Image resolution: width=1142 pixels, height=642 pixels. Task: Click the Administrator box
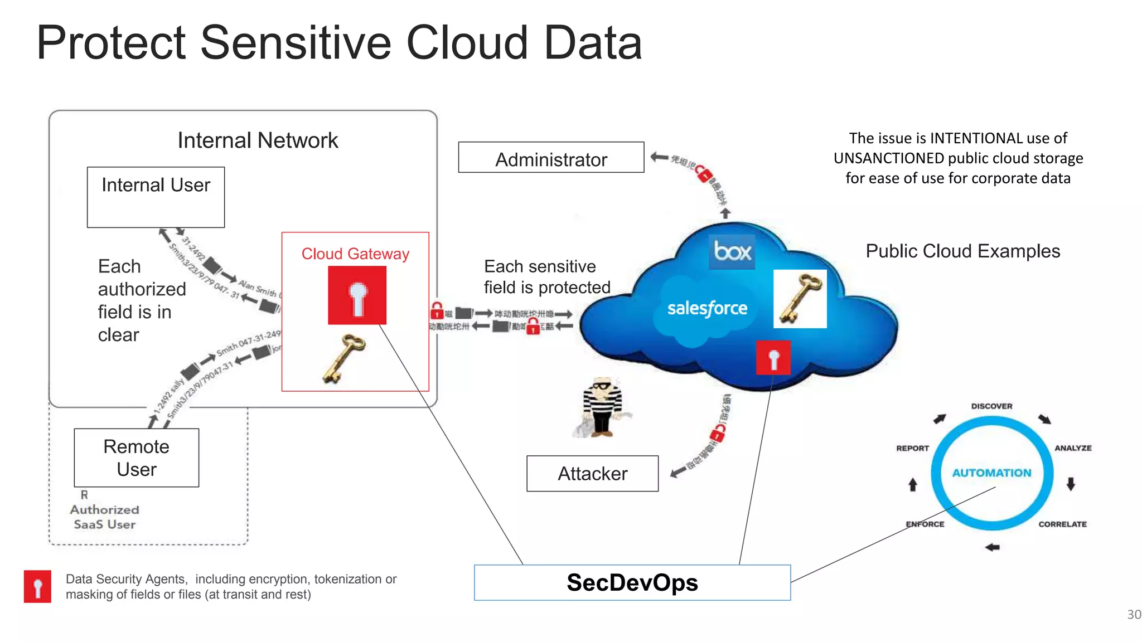[551, 158]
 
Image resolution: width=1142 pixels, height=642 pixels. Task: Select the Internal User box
[156, 197]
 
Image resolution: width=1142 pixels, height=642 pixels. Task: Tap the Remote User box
[137, 458]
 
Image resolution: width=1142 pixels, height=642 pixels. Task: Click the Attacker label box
[592, 473]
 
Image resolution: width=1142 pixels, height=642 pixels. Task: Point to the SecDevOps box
[632, 582]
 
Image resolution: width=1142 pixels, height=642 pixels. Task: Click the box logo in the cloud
[732, 252]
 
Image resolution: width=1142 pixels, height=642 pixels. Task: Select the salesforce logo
[707, 308]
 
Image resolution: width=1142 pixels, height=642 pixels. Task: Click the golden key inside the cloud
[800, 299]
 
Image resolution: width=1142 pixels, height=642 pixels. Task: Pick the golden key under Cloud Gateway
[344, 358]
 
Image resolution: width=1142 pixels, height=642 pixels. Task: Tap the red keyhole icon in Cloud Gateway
[357, 295]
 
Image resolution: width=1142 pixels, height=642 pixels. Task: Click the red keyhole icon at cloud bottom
[773, 358]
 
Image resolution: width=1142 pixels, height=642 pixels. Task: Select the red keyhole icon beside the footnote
[37, 586]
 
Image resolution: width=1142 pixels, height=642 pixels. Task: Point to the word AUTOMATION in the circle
[991, 473]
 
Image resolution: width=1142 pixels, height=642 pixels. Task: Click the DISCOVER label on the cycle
[991, 406]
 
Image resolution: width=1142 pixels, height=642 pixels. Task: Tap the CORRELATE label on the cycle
[1062, 524]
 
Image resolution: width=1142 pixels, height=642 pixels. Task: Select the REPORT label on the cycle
[912, 448]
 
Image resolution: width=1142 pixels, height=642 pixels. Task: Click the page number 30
[1134, 614]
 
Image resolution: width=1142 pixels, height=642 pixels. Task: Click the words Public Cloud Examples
[962, 251]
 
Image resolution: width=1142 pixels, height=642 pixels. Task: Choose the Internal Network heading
[258, 140]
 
